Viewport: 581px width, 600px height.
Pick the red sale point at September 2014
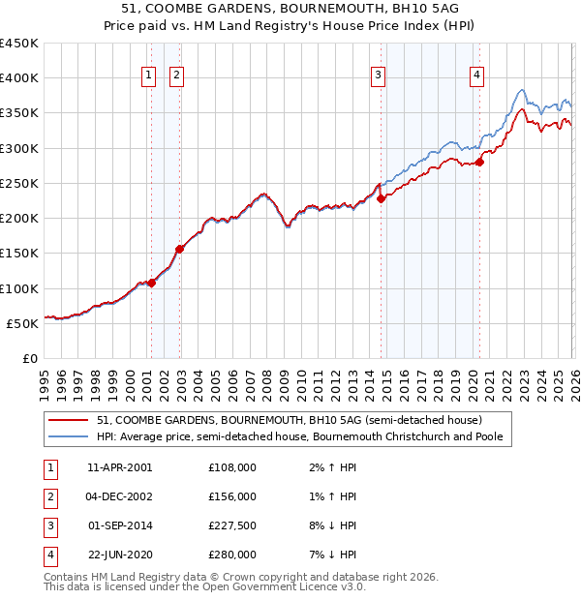(381, 199)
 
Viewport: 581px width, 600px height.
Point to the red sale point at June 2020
(479, 163)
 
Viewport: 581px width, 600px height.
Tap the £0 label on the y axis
(30, 358)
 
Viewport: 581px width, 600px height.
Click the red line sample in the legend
(70, 421)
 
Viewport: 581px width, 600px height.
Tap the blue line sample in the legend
(70, 437)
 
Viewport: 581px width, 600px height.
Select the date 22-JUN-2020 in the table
(118, 555)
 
